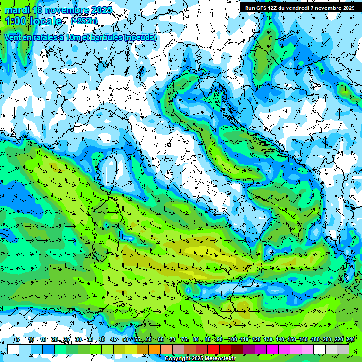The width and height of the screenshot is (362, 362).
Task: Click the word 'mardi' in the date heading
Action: click(16, 10)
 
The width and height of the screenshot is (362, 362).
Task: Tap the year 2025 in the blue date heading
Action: click(100, 10)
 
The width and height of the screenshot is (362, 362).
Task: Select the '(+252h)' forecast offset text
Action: click(84, 21)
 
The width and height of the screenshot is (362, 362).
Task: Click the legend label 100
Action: click(232, 339)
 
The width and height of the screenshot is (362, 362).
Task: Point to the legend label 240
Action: click(350, 339)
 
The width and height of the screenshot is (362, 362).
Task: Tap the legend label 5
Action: click(18, 339)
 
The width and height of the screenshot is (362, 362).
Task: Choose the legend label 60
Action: click(148, 339)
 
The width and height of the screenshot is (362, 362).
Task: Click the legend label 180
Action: click(315, 339)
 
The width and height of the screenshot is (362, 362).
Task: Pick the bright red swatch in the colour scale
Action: click(214, 349)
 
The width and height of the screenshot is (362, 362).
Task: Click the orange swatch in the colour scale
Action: click(155, 349)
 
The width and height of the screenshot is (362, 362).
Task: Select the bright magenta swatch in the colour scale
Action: click(272, 349)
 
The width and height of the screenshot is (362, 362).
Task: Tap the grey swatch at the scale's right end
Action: click(343, 349)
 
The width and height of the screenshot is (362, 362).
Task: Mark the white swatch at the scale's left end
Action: click(13, 349)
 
